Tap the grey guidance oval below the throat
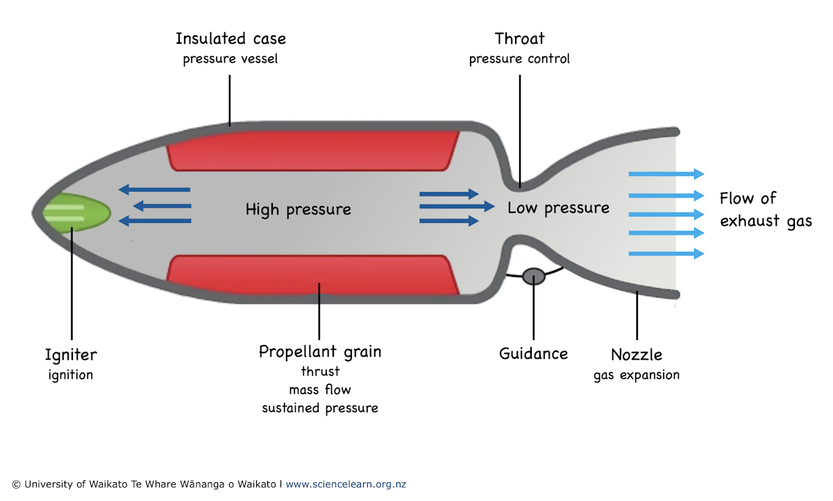(x=534, y=276)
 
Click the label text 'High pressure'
(x=298, y=209)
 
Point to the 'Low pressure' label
(x=558, y=207)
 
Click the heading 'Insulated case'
(x=230, y=38)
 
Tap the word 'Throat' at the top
(x=519, y=38)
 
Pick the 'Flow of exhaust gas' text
(x=764, y=210)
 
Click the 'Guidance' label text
(x=533, y=354)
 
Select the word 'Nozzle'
(x=636, y=355)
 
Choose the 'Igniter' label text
(x=71, y=355)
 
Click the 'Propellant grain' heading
(x=320, y=352)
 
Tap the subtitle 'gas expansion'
(x=636, y=375)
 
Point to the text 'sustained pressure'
(x=320, y=408)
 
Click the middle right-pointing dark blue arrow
(x=457, y=207)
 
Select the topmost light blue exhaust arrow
(x=666, y=174)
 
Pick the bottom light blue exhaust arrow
(x=666, y=254)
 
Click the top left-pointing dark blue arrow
(x=154, y=189)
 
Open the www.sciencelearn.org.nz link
(x=351, y=484)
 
